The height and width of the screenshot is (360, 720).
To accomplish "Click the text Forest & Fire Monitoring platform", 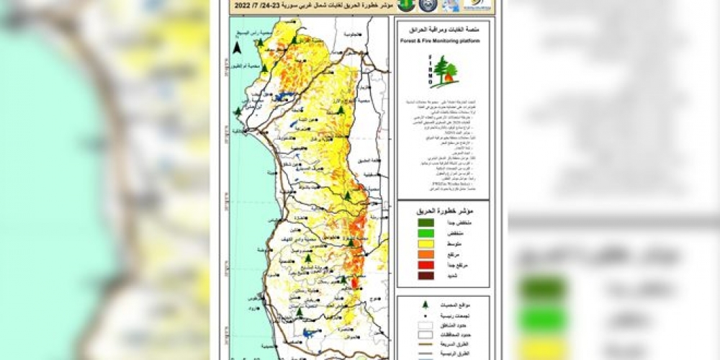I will [443, 41].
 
